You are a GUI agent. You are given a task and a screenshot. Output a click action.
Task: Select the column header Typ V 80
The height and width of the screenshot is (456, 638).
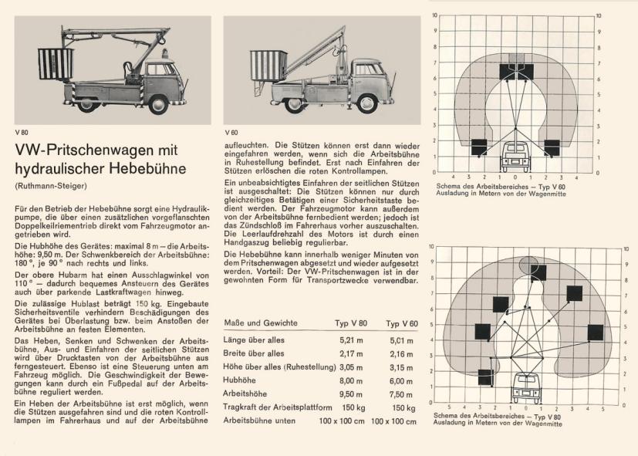click(351, 323)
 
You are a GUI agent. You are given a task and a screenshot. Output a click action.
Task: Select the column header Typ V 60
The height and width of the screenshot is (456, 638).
click(401, 323)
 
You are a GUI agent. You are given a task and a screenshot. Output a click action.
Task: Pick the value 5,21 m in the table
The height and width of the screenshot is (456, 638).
click(351, 339)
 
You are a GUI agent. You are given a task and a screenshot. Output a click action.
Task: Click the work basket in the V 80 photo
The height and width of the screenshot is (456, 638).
click(56, 64)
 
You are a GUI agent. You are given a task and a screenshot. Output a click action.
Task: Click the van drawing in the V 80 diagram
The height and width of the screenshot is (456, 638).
click(527, 387)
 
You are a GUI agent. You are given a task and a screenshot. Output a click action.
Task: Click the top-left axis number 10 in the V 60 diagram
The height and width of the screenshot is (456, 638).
click(435, 15)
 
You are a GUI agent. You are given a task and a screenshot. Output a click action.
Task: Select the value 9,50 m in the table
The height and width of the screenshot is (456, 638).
click(351, 394)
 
